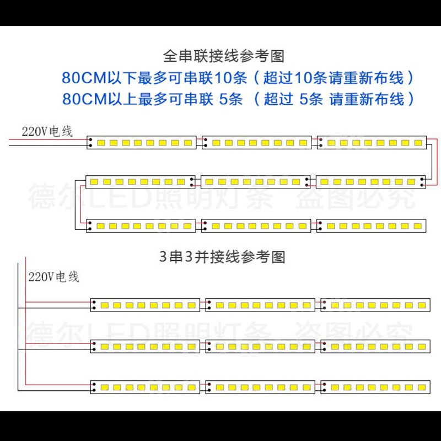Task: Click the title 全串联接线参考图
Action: point(223,56)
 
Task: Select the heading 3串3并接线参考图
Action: point(222,257)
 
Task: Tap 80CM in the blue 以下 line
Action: point(83,77)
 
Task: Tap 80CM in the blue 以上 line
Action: point(83,100)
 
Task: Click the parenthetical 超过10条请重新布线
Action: point(333,77)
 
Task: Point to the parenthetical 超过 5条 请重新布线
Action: point(334,100)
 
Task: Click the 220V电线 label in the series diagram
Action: point(47,131)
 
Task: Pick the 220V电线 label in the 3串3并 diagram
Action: point(53,276)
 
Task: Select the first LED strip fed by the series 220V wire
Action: point(141,143)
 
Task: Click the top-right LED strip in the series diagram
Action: point(371,143)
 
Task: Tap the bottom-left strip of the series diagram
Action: point(142,226)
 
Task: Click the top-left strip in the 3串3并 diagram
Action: point(146,305)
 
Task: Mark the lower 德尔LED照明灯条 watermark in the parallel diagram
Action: point(149,331)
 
